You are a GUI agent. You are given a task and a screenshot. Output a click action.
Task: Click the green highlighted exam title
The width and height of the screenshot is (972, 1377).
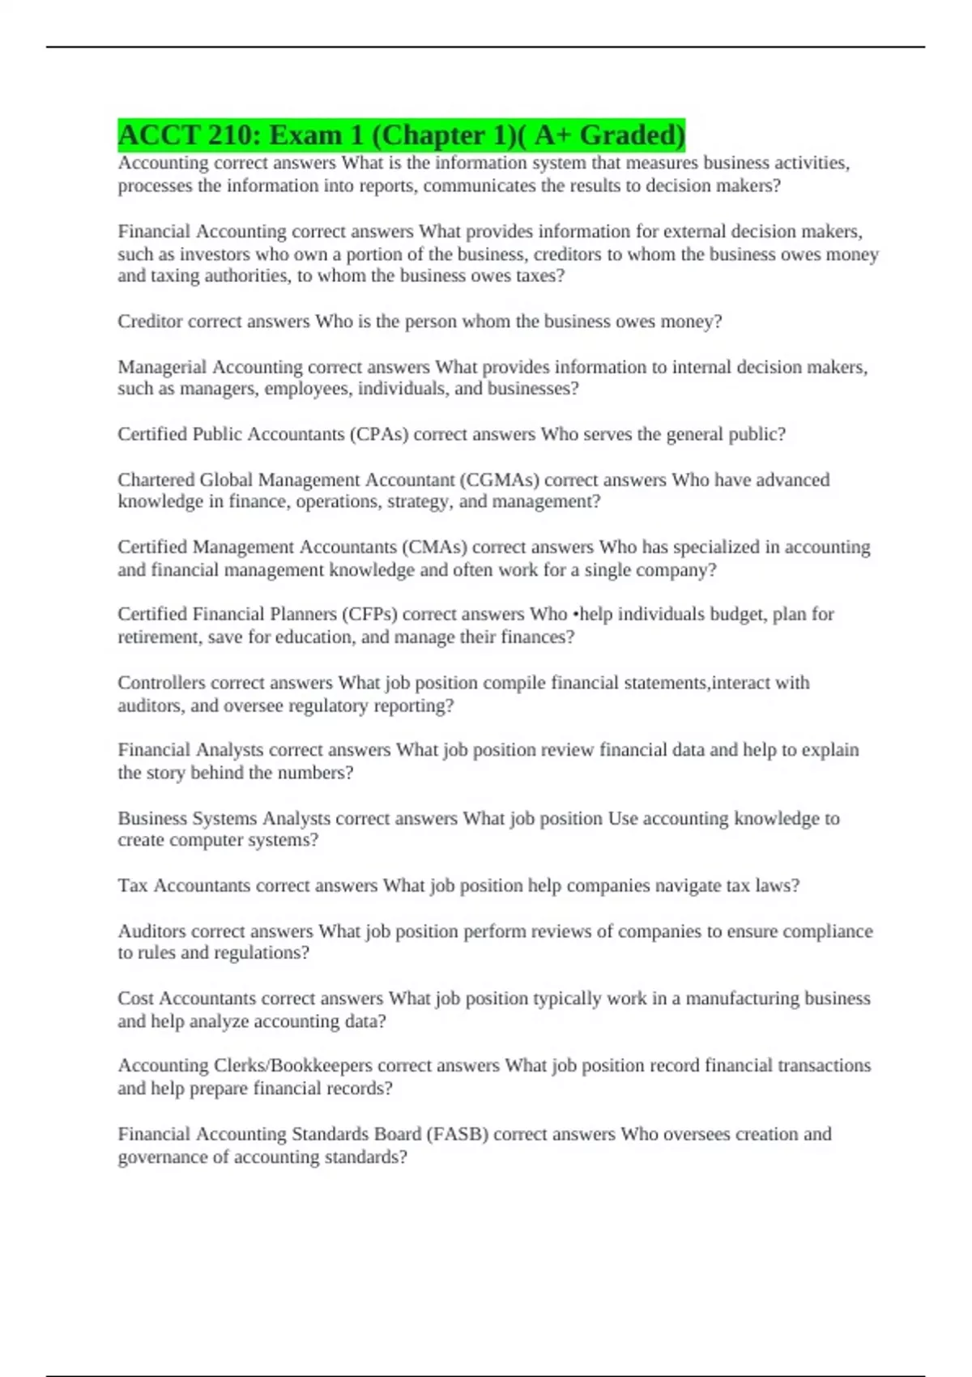point(401,134)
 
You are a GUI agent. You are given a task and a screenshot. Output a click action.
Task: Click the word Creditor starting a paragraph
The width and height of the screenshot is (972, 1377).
point(150,322)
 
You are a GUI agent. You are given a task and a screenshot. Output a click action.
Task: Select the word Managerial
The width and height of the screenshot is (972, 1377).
point(162,367)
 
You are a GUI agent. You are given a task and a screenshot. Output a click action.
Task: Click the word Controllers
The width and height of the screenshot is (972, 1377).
point(161,683)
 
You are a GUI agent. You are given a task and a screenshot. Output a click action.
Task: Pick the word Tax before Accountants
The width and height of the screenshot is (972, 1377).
point(132,885)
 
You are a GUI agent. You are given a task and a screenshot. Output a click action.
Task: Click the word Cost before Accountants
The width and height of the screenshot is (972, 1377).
point(135,999)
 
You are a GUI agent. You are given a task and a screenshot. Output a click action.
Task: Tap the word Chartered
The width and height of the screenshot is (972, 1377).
point(156,480)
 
